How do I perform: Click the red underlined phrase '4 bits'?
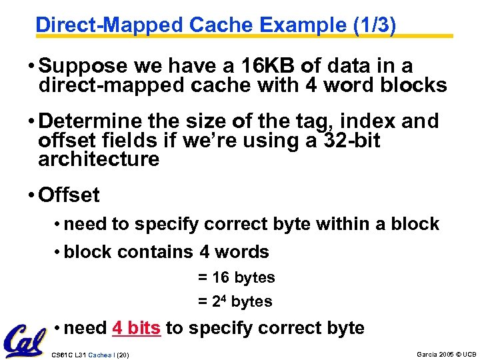click(137, 328)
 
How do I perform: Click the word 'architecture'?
click(99, 159)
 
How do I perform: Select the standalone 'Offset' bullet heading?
click(69, 195)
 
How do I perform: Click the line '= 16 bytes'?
click(236, 277)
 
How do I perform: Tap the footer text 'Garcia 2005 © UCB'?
click(446, 353)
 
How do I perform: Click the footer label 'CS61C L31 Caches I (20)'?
click(90, 354)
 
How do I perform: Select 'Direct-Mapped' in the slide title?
click(109, 25)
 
